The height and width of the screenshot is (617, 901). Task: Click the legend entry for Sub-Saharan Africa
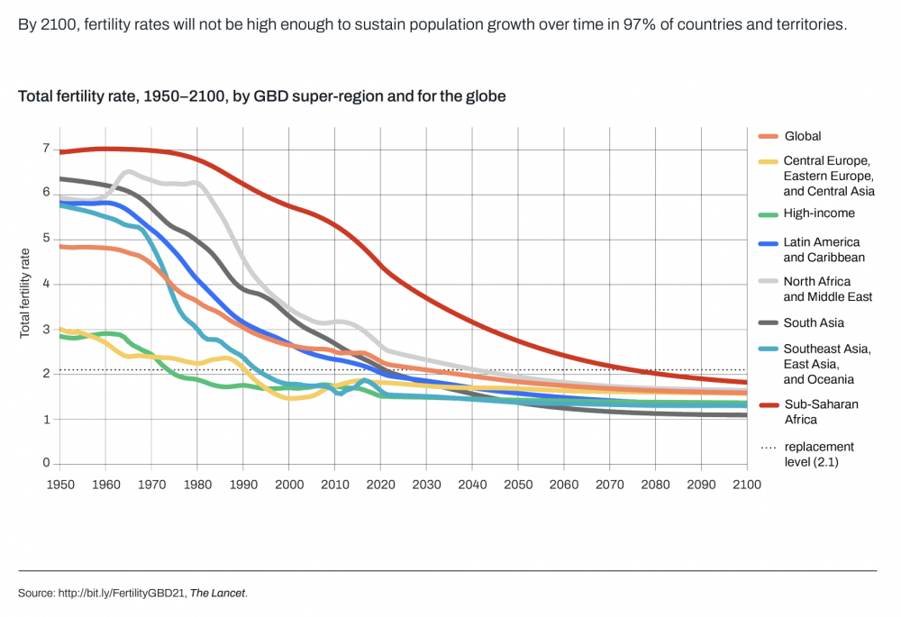(x=821, y=412)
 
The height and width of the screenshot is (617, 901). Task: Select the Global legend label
(x=803, y=136)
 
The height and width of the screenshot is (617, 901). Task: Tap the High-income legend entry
(x=819, y=213)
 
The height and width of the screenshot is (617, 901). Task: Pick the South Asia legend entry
(x=814, y=322)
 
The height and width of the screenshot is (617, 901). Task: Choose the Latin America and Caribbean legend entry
(x=822, y=250)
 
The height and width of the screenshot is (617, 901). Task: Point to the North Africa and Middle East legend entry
(x=828, y=289)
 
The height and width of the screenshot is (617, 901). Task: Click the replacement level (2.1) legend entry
(x=819, y=454)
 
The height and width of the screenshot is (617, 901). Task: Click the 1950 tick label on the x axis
(x=60, y=485)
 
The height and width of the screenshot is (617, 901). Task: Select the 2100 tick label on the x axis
(x=747, y=485)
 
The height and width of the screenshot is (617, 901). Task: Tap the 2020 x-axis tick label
(x=380, y=485)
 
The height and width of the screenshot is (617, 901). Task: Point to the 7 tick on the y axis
(x=45, y=148)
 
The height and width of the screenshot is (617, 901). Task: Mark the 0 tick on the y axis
(x=45, y=464)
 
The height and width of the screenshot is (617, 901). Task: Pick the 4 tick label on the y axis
(x=45, y=284)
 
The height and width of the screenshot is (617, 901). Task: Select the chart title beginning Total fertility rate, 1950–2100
(x=261, y=95)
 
